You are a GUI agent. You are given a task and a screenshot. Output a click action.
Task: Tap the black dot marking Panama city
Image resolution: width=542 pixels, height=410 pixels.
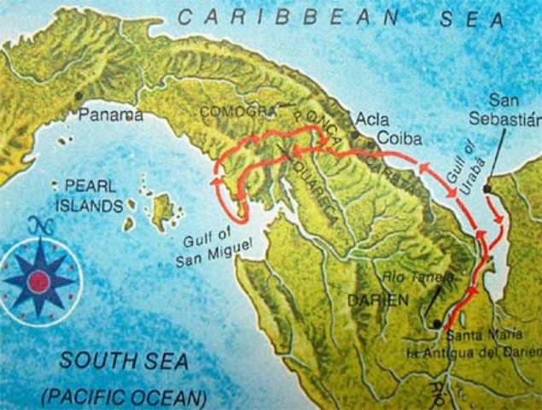coord(79,96)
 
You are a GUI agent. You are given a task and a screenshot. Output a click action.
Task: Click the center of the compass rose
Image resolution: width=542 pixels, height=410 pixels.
coord(38,278)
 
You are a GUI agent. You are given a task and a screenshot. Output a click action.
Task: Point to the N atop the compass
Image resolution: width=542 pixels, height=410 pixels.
coord(36,226)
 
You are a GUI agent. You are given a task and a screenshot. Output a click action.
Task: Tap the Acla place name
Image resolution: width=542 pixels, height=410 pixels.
coord(371,119)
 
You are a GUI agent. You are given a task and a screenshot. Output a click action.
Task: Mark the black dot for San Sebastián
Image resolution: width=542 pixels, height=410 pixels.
coord(487,188)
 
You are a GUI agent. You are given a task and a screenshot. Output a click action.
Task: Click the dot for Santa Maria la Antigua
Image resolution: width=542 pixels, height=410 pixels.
coord(437,324)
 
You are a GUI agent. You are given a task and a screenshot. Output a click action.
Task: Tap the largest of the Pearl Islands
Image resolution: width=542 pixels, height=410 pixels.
coord(160,210)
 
